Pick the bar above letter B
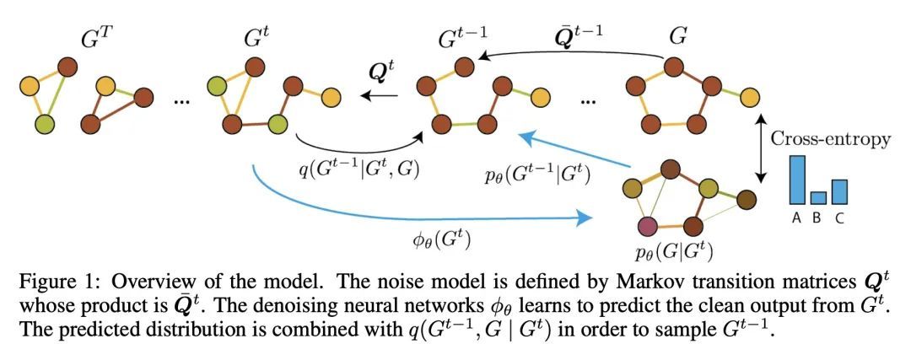tap(818, 197)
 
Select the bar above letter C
tap(838, 191)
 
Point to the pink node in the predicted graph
tap(649, 226)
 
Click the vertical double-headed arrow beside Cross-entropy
tap(763, 148)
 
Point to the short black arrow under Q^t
tap(380, 96)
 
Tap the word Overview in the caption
tap(154, 281)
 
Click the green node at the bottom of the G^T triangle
tap(46, 125)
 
